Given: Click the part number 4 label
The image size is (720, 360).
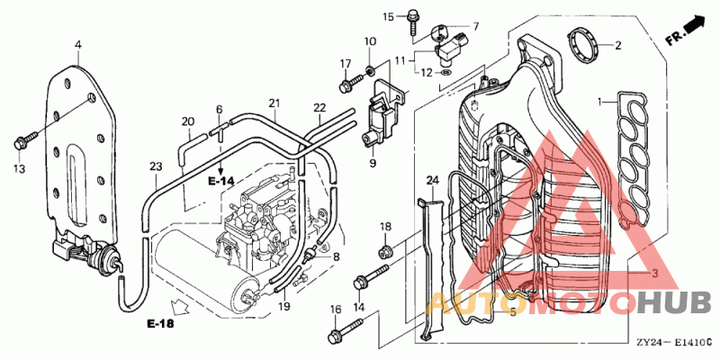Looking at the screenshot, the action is [78, 45].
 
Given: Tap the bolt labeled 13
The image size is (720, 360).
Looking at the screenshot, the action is [26, 140].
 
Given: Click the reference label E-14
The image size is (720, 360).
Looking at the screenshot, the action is [220, 181].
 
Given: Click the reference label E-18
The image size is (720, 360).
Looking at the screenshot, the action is [161, 324].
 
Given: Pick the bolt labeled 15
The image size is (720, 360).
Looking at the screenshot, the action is [412, 20].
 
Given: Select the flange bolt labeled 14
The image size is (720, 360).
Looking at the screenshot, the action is [371, 277].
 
